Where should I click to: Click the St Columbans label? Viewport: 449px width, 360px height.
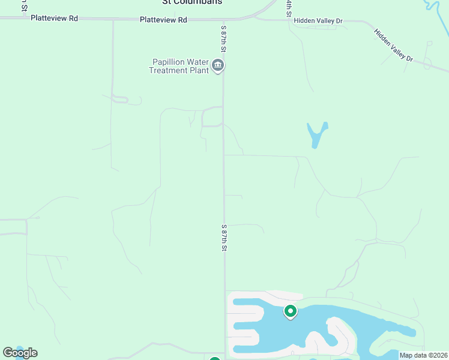(x=192, y=2)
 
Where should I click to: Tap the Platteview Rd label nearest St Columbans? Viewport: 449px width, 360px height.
(x=163, y=20)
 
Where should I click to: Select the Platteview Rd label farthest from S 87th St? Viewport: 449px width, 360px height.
(x=54, y=18)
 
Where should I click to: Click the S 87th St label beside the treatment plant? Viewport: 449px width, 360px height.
(x=223, y=37)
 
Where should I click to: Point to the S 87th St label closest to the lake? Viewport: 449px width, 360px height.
(x=224, y=238)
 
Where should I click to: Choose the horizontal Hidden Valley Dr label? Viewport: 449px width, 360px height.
(x=318, y=20)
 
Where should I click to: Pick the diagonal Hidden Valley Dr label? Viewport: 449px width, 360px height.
(x=394, y=45)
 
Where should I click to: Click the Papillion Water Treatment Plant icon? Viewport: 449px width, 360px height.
(x=218, y=65)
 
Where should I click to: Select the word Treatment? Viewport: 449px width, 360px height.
(x=170, y=70)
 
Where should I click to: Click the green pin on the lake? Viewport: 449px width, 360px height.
(x=291, y=311)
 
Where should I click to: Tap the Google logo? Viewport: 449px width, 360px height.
(x=20, y=353)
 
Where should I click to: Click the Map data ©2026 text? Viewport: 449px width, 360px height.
(x=423, y=355)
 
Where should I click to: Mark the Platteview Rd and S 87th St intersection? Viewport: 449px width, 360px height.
(x=224, y=19)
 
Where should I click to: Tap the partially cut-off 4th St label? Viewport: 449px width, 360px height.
(x=289, y=7)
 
